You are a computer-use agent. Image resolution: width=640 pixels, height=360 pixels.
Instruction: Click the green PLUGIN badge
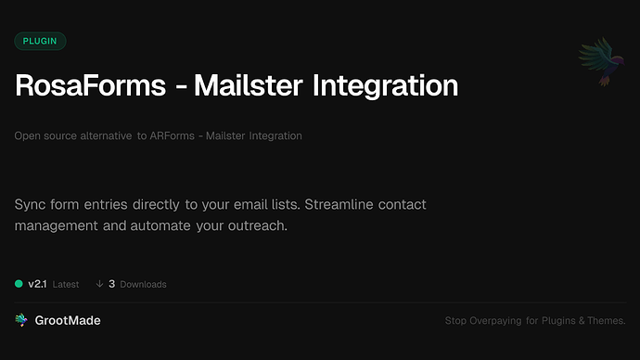coord(40,41)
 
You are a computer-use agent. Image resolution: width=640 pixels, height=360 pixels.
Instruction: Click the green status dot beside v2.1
coord(19,284)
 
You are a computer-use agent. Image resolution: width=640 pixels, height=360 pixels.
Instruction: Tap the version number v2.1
coord(37,284)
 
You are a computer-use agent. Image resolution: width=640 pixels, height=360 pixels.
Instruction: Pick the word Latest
coord(66,284)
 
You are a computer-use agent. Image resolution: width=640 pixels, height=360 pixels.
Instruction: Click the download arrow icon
coord(99,284)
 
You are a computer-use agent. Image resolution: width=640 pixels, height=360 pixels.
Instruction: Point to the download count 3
coord(111,284)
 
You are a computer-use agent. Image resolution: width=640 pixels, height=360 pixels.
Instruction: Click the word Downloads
coord(143,284)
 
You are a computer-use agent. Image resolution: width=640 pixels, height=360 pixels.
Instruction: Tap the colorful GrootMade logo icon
coord(21,320)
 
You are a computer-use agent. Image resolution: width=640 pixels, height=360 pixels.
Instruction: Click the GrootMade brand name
coord(67,320)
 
